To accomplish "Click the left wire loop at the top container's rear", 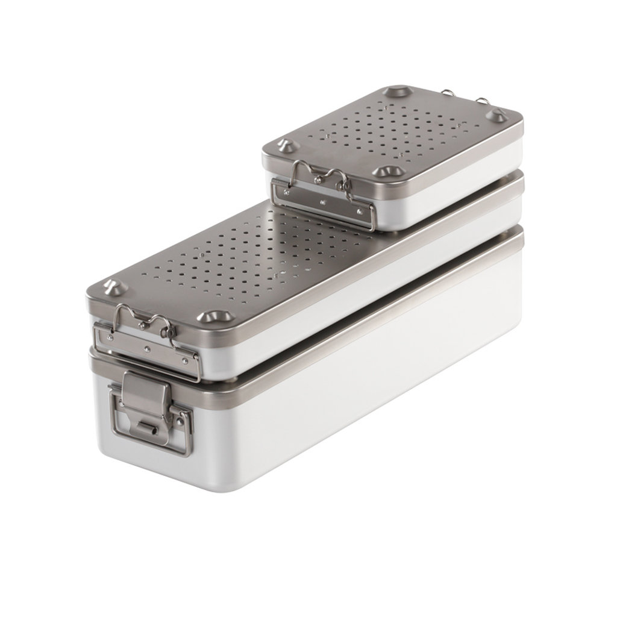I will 447,93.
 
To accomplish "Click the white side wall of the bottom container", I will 362,386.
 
